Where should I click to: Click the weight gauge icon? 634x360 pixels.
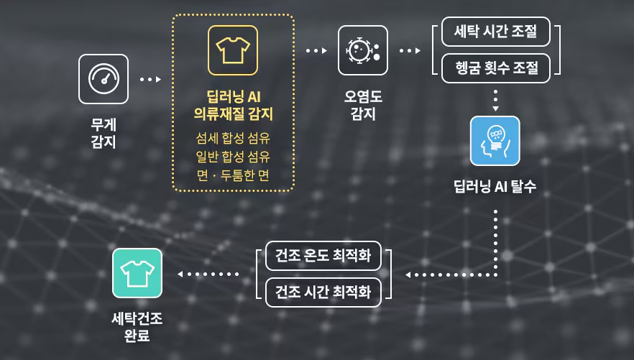pyautogui.click(x=104, y=79)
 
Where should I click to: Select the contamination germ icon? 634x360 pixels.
pyautogui.click(x=363, y=50)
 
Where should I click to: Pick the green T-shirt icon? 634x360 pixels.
pyautogui.click(x=137, y=273)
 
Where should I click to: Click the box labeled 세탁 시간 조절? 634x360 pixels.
pyautogui.click(x=496, y=32)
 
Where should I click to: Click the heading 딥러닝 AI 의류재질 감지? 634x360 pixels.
pyautogui.click(x=233, y=105)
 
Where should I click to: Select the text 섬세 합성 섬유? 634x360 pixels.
pyautogui.click(x=233, y=138)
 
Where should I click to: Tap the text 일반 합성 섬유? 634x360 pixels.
pyautogui.click(x=233, y=157)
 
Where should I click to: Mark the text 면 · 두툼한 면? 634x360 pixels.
pyautogui.click(x=233, y=175)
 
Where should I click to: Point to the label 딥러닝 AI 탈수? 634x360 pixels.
pyautogui.click(x=495, y=187)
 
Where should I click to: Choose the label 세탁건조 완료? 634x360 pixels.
pyautogui.click(x=137, y=326)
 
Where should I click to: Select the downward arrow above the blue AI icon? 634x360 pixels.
pyautogui.click(x=495, y=100)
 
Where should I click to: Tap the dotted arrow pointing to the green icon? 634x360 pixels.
pyautogui.click(x=208, y=274)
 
